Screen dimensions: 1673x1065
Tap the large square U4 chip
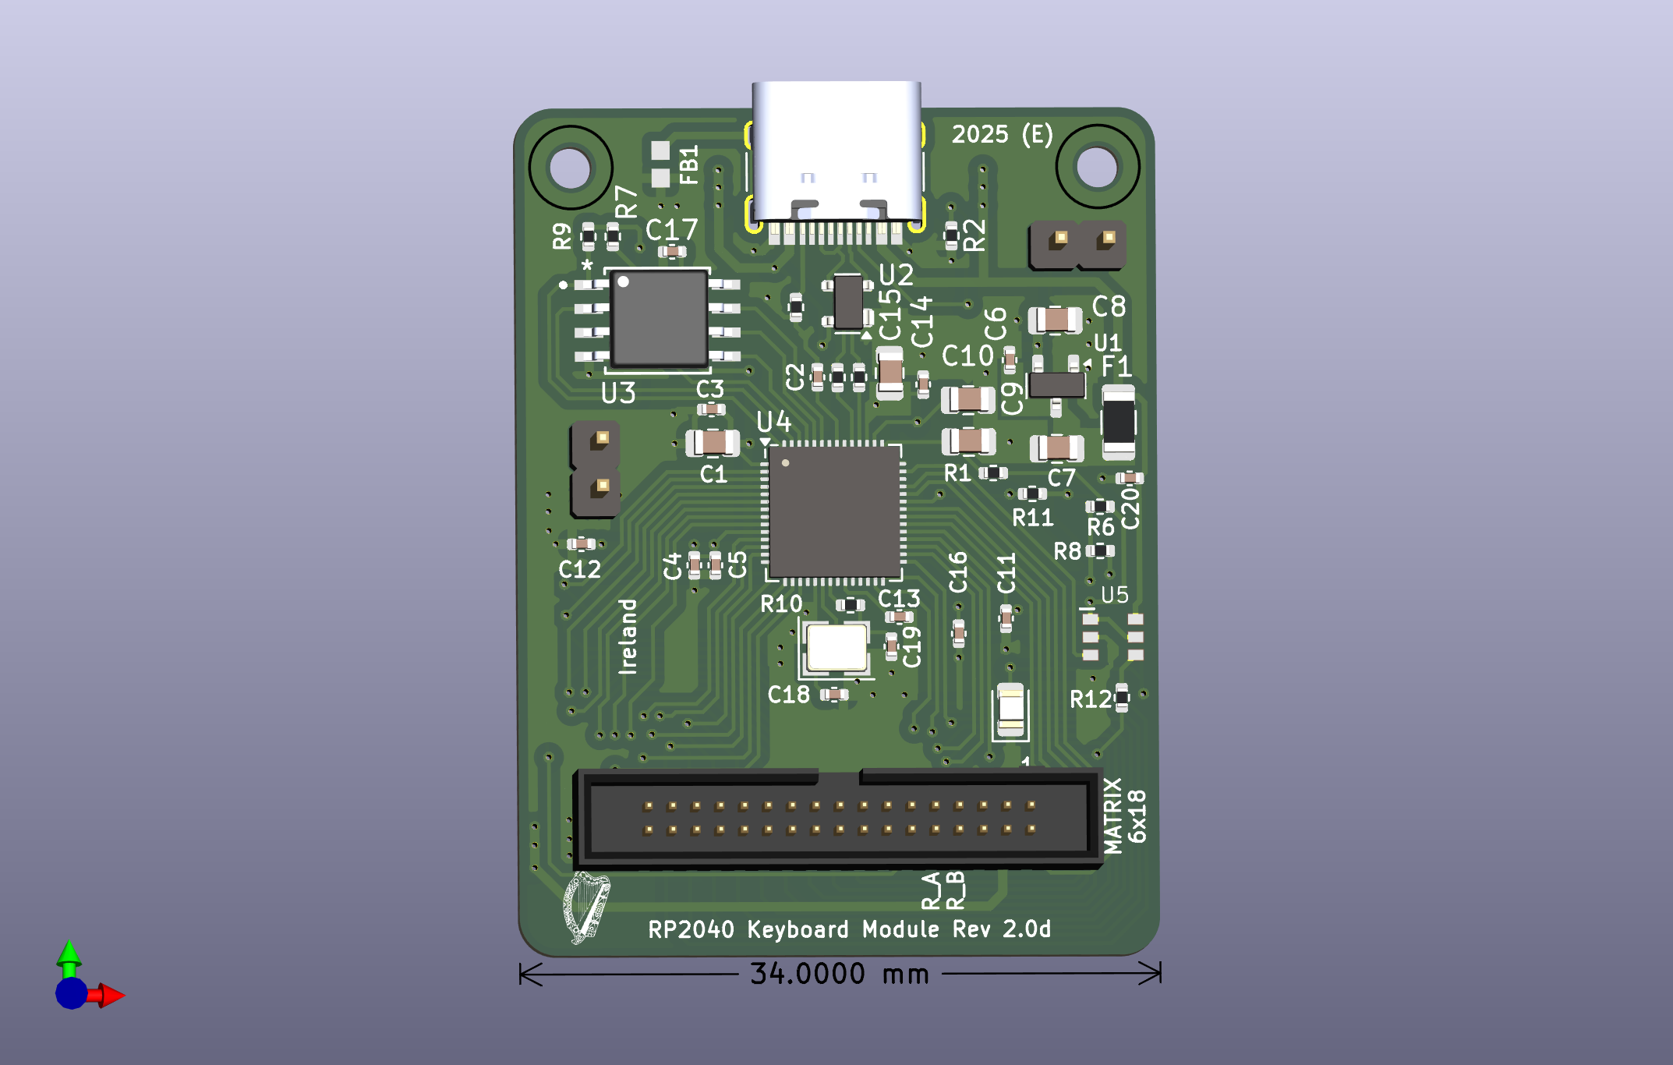(834, 511)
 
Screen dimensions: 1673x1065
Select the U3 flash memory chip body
(659, 318)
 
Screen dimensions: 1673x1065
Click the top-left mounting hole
(570, 167)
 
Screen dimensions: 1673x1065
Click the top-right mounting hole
(1097, 166)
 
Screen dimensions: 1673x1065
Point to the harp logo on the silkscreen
(586, 908)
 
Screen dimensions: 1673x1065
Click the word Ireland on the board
(628, 636)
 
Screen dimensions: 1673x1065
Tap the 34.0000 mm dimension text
(840, 974)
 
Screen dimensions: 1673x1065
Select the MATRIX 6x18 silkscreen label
(1124, 816)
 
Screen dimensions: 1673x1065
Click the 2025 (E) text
(1003, 134)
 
